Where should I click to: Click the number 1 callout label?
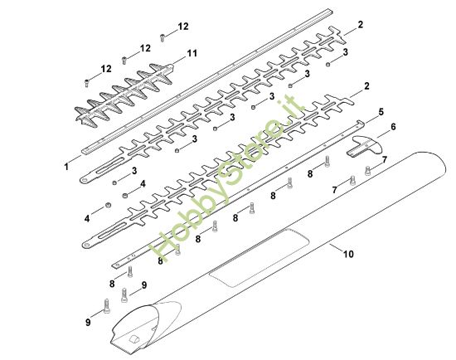[66, 167]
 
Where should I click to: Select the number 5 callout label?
[381, 112]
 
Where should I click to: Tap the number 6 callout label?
[393, 127]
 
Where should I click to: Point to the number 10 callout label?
[348, 254]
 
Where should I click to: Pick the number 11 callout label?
[192, 53]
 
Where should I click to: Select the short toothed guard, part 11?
[124, 95]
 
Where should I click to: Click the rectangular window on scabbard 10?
[259, 258]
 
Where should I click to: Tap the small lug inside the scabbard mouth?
[134, 339]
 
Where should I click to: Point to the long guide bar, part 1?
[207, 80]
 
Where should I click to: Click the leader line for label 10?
[336, 248]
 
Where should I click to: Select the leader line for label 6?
[383, 134]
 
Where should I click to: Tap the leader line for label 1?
[75, 159]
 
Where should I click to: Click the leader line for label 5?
[371, 119]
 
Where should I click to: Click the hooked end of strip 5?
[361, 123]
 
